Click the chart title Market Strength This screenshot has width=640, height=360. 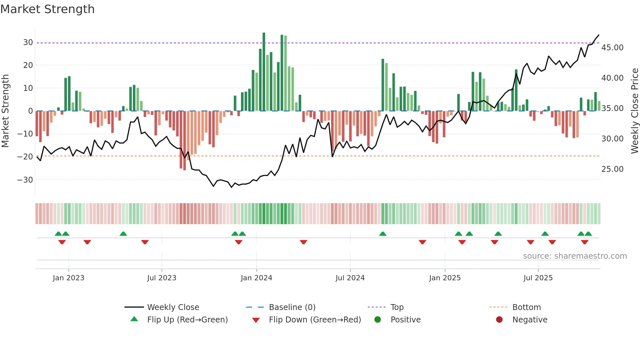point(47,9)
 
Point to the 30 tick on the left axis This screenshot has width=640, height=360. point(28,42)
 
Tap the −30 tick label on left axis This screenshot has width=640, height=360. point(25,180)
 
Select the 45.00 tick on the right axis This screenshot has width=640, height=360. point(612,48)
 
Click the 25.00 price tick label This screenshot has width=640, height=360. point(612,169)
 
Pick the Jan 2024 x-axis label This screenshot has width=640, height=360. point(256,278)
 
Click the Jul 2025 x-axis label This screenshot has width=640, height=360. point(538,278)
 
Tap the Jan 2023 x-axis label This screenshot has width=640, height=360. point(69,278)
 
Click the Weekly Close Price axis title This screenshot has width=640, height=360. point(634,111)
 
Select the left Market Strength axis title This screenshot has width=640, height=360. point(5,111)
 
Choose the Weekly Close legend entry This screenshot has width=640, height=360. point(173,307)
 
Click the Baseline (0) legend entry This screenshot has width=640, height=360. point(292,307)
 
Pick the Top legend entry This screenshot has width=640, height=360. point(397,307)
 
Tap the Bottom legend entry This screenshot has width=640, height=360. point(526,307)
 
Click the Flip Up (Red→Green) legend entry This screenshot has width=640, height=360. point(187,320)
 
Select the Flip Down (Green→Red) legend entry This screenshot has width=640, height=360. point(315,320)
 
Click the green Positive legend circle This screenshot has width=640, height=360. point(378,320)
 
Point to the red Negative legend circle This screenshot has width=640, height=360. point(499,320)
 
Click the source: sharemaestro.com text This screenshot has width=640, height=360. point(575,256)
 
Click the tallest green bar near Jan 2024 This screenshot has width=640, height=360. point(264,72)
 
